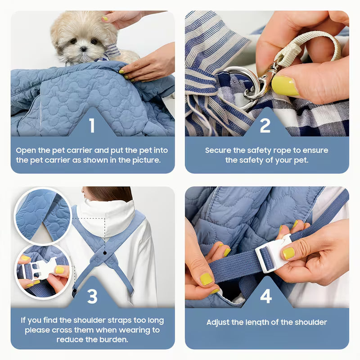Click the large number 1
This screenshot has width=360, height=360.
pos(92,125)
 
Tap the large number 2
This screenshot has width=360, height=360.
pos(265,125)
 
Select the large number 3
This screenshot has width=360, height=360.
pos(92,297)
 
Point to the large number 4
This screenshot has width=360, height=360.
pos(265,297)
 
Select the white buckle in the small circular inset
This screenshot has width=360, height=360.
pos(43,269)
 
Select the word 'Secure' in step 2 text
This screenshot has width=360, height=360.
pos(218,150)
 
